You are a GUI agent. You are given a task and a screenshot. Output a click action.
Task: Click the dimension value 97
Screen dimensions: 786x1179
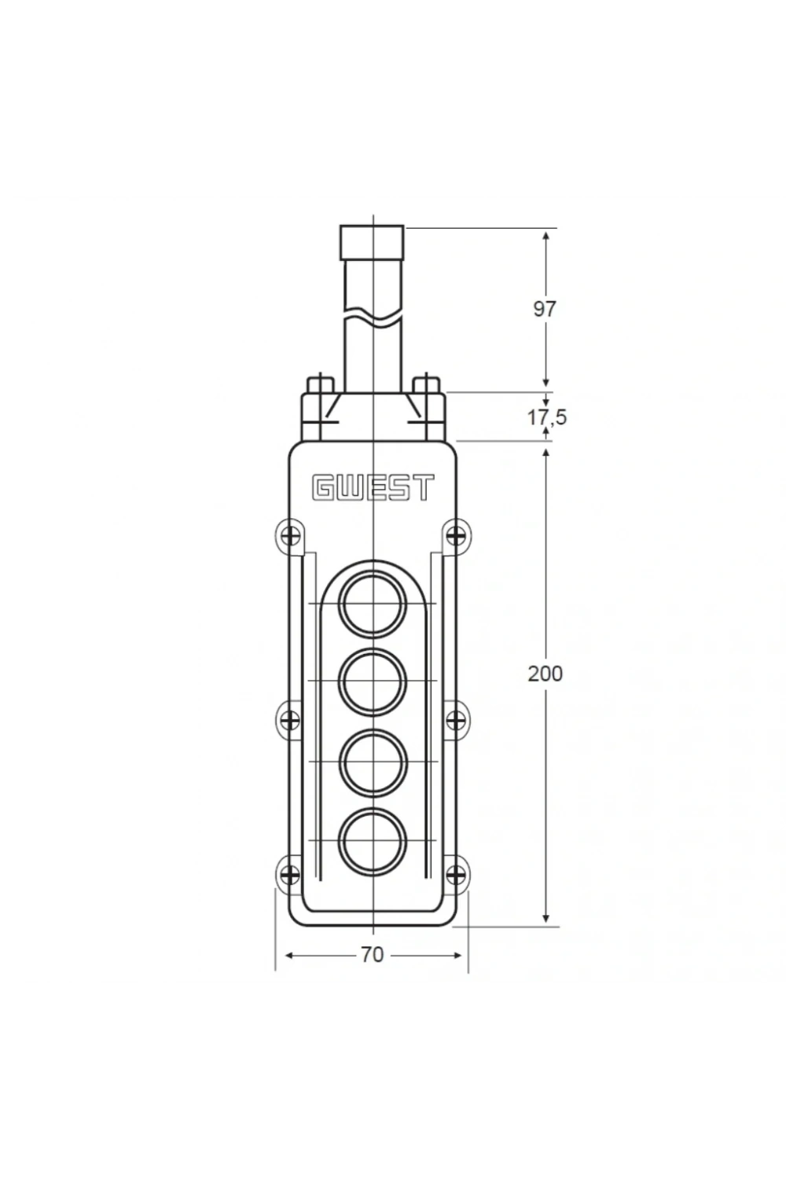[545, 309]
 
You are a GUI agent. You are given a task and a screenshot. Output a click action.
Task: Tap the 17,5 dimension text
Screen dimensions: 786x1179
[547, 417]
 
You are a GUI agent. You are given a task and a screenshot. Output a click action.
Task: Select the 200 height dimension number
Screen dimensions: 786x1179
[545, 674]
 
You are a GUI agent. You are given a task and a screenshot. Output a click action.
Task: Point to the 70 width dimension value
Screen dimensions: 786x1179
[373, 955]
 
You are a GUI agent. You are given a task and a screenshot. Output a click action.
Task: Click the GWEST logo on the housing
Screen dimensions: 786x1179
[373, 487]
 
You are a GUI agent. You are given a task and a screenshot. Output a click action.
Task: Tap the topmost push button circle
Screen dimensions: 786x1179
[373, 604]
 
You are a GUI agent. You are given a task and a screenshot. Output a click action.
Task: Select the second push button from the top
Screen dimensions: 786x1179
[373, 681]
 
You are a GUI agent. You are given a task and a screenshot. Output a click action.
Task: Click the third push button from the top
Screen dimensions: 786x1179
[373, 761]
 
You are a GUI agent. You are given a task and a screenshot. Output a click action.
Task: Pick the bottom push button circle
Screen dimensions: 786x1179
[373, 840]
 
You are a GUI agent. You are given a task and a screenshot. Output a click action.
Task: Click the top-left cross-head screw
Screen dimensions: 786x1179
[290, 537]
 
